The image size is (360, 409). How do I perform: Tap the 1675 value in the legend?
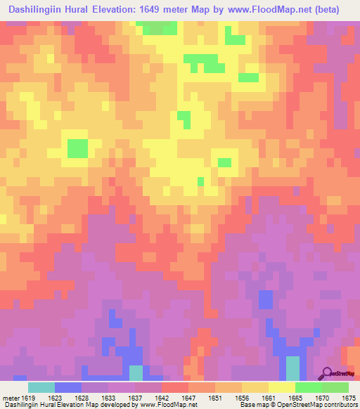coord(349,398)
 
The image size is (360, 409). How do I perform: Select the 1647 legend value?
coord(189,398)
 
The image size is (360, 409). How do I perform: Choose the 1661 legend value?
coord(268,398)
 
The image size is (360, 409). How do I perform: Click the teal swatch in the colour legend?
coord(41,387)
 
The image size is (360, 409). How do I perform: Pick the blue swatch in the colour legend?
coord(68,387)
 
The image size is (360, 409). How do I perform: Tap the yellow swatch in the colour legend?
coord(281,387)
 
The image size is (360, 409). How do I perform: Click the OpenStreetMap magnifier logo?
coord(327,373)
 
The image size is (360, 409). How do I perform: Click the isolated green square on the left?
coord(77,148)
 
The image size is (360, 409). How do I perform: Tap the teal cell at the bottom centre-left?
coord(136,373)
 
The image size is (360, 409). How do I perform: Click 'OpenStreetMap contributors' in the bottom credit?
coord(320,405)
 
